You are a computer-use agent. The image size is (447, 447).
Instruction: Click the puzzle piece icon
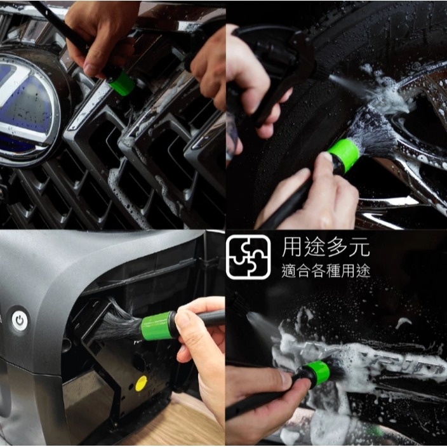(x=248, y=257)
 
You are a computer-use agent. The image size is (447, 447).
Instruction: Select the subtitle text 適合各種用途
(x=326, y=270)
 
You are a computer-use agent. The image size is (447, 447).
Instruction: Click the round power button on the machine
(x=20, y=321)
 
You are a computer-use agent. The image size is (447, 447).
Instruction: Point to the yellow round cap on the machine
(x=141, y=383)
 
